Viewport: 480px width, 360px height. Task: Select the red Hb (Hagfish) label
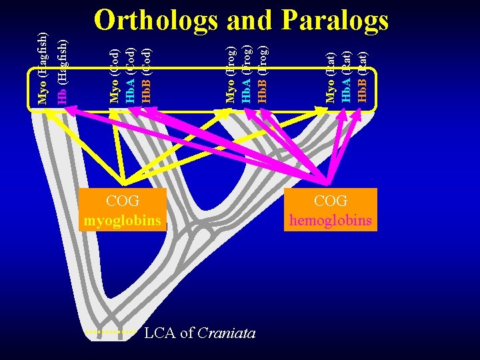(61, 69)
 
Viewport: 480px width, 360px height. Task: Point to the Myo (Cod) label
(115, 75)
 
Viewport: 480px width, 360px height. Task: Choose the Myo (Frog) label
(231, 74)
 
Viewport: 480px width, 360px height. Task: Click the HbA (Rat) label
(347, 75)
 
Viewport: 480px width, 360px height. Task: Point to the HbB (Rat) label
(363, 75)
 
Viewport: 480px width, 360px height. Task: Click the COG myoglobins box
(123, 209)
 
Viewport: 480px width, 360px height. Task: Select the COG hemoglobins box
(331, 209)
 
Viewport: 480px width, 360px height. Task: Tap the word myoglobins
(123, 219)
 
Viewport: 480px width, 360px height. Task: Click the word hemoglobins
(331, 219)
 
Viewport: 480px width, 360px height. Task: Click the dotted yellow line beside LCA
(111, 331)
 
